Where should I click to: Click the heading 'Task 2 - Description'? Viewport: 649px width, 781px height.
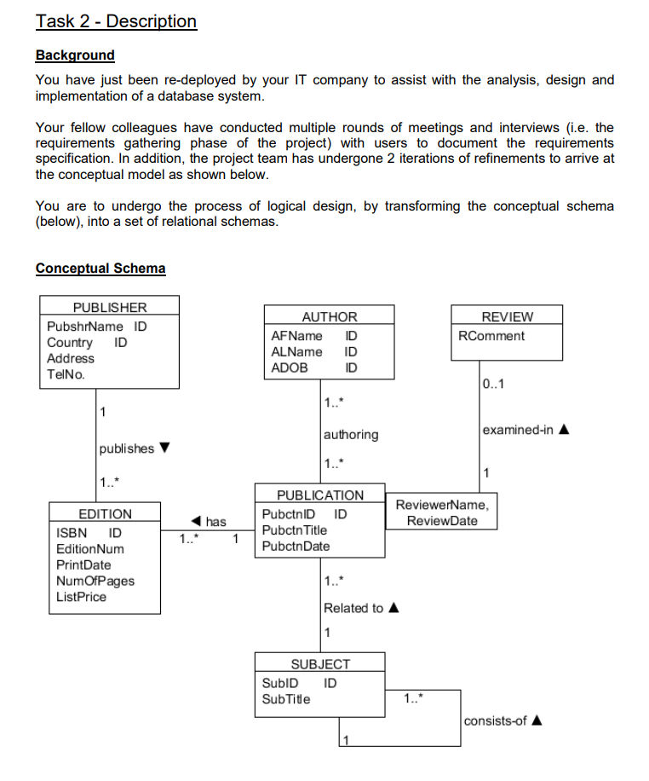[x=116, y=21]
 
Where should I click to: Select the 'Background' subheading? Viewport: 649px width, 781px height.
[x=75, y=55]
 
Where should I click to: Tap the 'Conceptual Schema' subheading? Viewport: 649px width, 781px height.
[x=101, y=269]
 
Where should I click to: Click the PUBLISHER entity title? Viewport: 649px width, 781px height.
[x=109, y=308]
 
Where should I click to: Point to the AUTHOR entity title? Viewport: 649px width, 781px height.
[x=329, y=316]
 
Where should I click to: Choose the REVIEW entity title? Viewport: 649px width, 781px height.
[x=507, y=316]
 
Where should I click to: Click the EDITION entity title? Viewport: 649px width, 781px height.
[x=105, y=514]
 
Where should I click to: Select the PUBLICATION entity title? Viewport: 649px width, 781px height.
[x=320, y=495]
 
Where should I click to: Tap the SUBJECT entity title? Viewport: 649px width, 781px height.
[x=320, y=664]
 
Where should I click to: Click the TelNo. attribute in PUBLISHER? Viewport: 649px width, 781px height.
[x=66, y=374]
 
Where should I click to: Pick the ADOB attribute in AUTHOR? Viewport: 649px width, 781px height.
[x=290, y=367]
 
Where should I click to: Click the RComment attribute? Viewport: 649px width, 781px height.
[x=491, y=336]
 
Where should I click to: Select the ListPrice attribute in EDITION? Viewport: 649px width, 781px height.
[x=81, y=597]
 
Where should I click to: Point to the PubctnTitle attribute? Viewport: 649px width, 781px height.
[x=294, y=530]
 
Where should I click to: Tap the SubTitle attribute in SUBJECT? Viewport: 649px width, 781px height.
[x=286, y=699]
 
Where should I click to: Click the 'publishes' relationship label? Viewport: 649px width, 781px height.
[x=127, y=448]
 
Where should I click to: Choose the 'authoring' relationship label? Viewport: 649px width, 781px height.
[x=351, y=435]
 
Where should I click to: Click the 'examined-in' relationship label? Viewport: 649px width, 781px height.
[x=518, y=430]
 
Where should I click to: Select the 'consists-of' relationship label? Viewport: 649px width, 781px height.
[x=497, y=720]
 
